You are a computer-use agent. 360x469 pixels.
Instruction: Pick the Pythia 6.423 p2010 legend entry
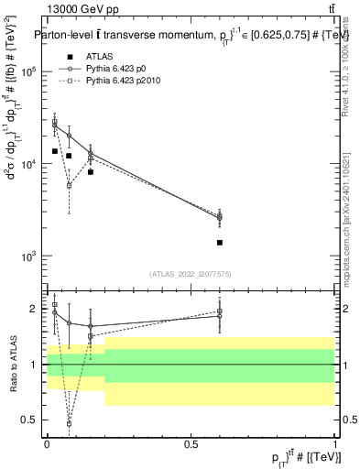point(117,81)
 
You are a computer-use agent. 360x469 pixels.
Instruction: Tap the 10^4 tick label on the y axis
point(29,164)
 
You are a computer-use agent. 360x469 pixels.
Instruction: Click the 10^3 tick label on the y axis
point(29,256)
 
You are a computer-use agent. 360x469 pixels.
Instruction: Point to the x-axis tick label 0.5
point(191,443)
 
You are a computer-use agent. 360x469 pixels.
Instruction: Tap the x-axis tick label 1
point(335,443)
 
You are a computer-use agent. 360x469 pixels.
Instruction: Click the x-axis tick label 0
point(47,443)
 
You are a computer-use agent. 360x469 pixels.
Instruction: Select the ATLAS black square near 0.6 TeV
point(220,243)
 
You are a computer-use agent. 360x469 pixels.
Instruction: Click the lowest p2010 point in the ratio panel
point(69,424)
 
